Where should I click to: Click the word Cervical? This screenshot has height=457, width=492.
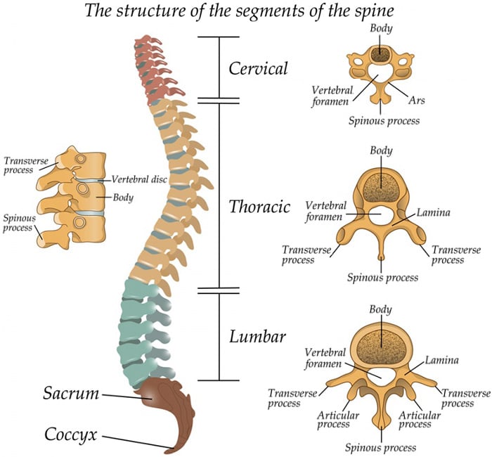click(x=258, y=68)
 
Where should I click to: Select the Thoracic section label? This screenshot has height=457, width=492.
click(x=259, y=207)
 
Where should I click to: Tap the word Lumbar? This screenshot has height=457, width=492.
click(x=257, y=336)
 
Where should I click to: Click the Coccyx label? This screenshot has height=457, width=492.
click(x=71, y=433)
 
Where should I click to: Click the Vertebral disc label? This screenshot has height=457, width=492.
click(x=139, y=179)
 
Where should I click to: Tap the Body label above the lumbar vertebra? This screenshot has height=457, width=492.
click(x=380, y=310)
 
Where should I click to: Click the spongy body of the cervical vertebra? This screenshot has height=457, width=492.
click(x=380, y=53)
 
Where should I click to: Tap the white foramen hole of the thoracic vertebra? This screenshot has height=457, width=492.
click(x=380, y=214)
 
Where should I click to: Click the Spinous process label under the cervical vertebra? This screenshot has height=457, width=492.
click(x=384, y=120)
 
